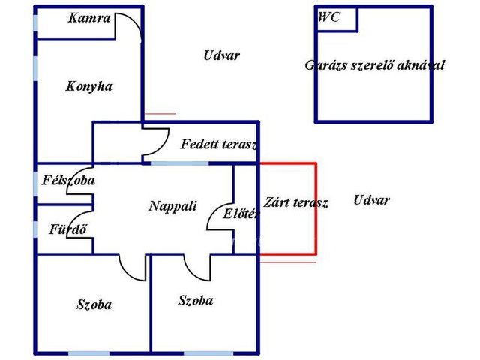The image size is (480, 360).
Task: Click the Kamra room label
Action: coord(89,18)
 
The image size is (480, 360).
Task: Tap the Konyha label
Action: coord(89,87)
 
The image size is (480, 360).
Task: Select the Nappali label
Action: coord(172,206)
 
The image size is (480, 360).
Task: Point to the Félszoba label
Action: coord(68,180)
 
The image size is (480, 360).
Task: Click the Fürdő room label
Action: coord(68,229)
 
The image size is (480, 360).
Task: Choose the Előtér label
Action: coord(241,214)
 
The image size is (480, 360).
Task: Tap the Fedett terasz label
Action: coord(218,144)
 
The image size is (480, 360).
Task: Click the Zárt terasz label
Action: coord(295,202)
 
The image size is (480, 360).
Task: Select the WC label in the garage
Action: coord(329,16)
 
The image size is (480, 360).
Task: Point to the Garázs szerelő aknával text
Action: coord(375,65)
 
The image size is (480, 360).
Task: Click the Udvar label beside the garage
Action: coord(222,55)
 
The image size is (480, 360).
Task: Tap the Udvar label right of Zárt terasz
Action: coord(372,200)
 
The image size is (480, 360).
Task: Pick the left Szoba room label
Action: coord(94,305)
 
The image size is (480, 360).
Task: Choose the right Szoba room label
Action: coord(196,301)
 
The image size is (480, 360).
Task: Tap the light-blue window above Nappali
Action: coord(180,163)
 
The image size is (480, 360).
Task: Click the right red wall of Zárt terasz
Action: coord(316,208)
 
